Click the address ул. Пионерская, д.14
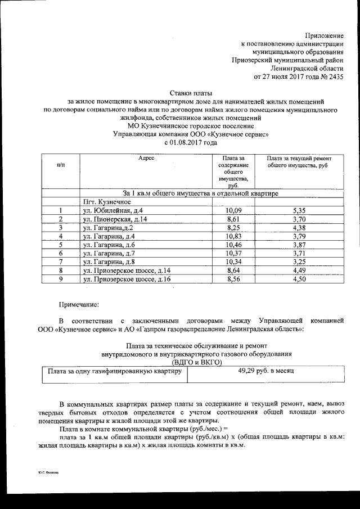(116, 219)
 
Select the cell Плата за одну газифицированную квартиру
(114, 372)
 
